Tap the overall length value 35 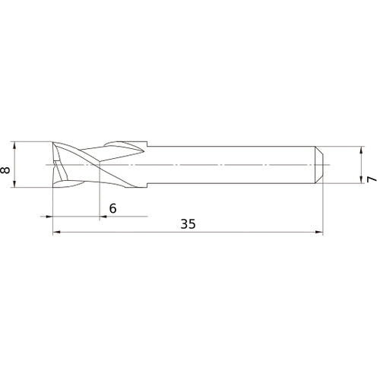tap(187, 224)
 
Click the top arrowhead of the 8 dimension tap(15, 144)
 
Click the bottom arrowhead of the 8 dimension tap(15, 184)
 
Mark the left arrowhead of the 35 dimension tap(55, 233)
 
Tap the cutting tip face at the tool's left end tap(55, 163)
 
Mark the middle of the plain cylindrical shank tap(236, 163)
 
